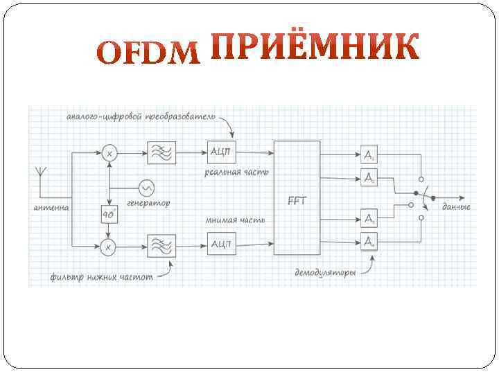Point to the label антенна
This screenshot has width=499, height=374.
pyautogui.click(x=51, y=207)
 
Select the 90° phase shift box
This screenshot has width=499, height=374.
pyautogui.click(x=109, y=215)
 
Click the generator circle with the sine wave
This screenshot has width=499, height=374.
pyautogui.click(x=146, y=188)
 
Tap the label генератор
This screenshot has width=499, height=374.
pyautogui.click(x=148, y=204)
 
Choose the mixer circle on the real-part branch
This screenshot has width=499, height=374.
pyautogui.click(x=109, y=152)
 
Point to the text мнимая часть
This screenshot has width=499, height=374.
pyautogui.click(x=230, y=220)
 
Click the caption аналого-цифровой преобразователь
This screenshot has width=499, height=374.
pyautogui.click(x=141, y=116)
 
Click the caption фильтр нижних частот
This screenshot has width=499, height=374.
pyautogui.click(x=101, y=277)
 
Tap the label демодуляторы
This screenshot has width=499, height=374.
pyautogui.click(x=326, y=273)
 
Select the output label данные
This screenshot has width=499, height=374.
pyautogui.click(x=456, y=207)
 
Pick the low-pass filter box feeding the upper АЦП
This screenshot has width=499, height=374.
pyautogui.click(x=161, y=152)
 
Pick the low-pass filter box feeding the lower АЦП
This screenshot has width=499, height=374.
pyautogui.click(x=161, y=244)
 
